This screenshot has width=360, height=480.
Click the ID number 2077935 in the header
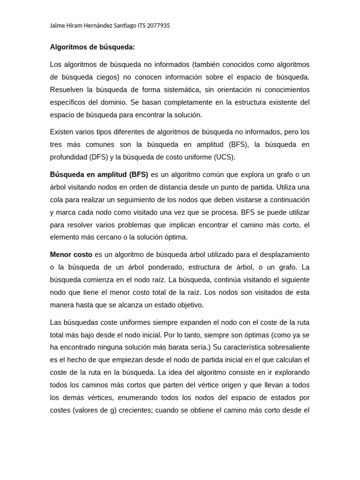coord(158,26)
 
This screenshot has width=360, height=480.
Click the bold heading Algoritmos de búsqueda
coord(92,47)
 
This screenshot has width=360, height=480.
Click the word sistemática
coord(177,90)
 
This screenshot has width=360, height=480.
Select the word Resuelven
coord(67,90)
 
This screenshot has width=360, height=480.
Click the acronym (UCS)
coord(224,157)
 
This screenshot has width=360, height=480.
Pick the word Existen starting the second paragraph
coord(62,132)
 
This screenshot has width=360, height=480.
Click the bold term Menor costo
coord(71,255)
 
